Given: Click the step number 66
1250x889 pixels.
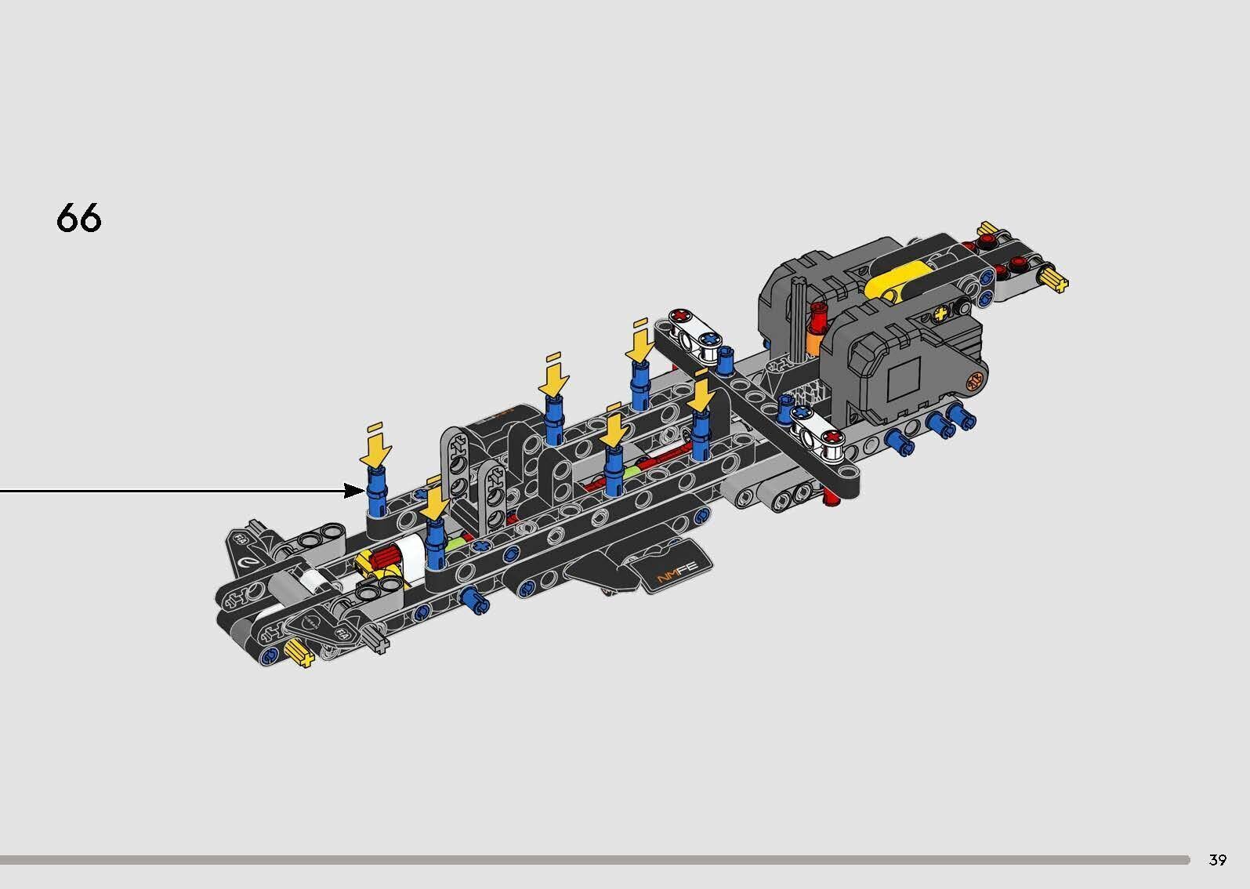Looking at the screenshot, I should [79, 217].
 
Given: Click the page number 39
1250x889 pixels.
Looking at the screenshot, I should [1217, 860].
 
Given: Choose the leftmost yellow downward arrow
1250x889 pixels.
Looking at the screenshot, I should [376, 449].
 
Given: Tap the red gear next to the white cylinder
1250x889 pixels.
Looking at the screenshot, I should [384, 559].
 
